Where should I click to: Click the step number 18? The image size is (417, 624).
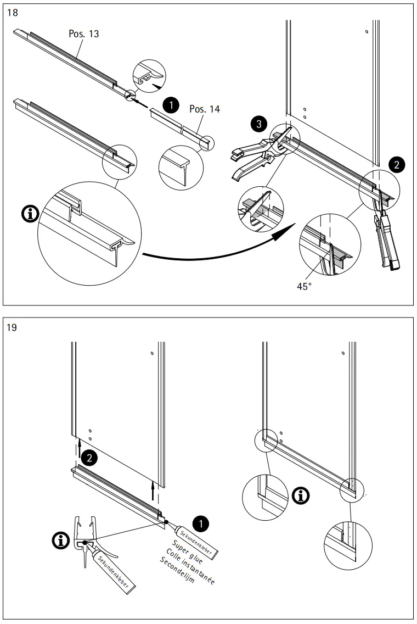click(13, 13)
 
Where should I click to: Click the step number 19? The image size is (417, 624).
click(13, 328)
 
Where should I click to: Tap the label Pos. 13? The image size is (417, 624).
click(84, 34)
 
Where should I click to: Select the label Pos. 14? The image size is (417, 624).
click(204, 109)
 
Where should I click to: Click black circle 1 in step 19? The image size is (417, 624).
click(202, 523)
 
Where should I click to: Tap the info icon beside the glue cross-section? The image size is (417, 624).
click(60, 541)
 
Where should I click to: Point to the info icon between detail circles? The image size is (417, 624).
click(300, 496)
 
